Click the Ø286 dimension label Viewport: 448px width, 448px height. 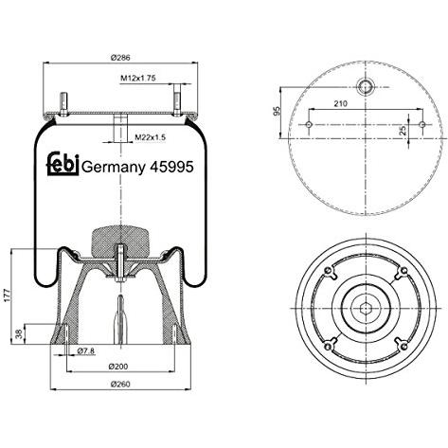point(120,58)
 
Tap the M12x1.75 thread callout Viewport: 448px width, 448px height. point(138,78)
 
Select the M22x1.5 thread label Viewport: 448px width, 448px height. point(151,137)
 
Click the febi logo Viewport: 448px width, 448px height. point(63,164)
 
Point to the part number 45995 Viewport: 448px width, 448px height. point(171,167)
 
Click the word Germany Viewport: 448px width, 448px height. point(114,168)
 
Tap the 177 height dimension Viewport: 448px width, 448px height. point(8,295)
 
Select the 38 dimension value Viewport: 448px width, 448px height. point(20,334)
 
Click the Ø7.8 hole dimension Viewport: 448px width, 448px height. point(86,350)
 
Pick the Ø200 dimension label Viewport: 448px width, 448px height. point(118,367)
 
